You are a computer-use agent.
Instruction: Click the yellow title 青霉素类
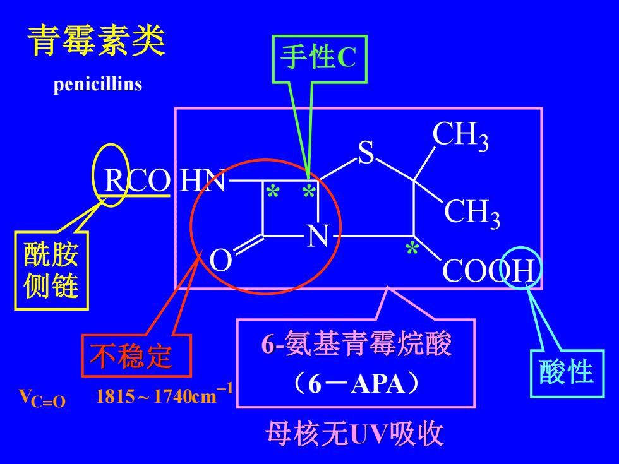96,40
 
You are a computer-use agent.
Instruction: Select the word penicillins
97,84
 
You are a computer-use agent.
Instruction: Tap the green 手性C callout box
320,59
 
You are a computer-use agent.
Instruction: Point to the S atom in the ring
366,152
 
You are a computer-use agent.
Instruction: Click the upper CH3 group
460,135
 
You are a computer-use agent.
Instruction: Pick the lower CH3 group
472,213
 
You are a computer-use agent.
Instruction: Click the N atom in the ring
318,236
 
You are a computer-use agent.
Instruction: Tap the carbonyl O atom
220,260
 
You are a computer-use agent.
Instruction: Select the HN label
203,181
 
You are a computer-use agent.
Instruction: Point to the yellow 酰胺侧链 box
51,270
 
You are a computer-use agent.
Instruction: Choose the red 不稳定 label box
136,356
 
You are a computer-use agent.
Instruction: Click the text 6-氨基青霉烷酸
356,343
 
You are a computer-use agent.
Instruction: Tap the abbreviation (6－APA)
356,383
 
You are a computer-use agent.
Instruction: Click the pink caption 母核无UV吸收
354,434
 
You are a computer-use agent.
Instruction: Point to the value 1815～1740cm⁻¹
164,395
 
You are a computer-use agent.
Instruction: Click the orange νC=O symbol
42,398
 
